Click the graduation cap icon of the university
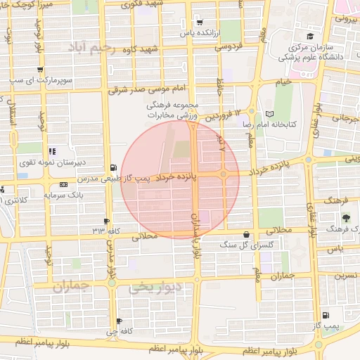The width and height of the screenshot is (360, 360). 309,36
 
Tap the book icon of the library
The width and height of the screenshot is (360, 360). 271,113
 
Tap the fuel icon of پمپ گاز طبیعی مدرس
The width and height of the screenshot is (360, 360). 113,168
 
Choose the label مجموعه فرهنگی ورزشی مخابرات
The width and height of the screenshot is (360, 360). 174,110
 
